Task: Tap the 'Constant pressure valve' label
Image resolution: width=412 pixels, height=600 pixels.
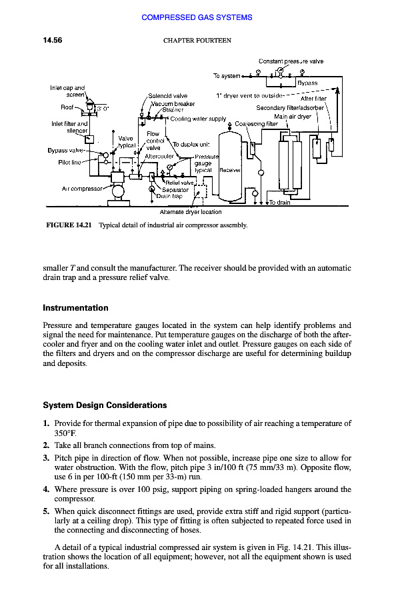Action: click(291, 61)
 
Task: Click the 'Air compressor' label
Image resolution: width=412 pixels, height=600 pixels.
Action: click(84, 189)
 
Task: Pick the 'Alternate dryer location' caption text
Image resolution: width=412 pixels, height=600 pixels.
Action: click(191, 212)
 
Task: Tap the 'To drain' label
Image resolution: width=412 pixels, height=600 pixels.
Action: click(279, 203)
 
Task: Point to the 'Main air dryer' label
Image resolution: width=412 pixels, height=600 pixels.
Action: click(293, 117)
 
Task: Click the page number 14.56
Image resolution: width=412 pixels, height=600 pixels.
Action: click(52, 41)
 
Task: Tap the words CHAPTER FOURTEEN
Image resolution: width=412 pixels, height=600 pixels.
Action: click(197, 41)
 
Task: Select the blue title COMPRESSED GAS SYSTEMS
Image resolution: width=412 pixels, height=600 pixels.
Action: click(197, 17)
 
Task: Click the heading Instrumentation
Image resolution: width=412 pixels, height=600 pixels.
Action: click(75, 308)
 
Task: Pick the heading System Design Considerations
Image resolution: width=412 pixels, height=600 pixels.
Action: click(105, 405)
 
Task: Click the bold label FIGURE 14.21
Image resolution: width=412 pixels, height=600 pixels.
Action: click(69, 225)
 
